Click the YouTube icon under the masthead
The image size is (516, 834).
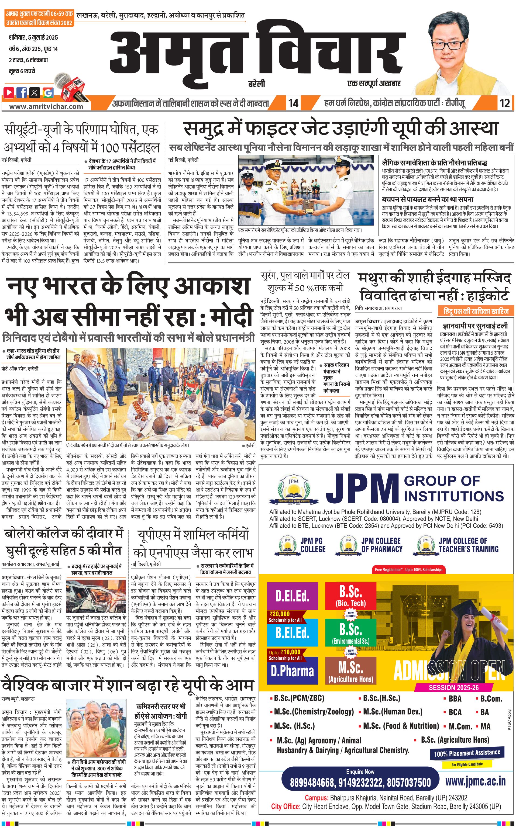click(9, 92)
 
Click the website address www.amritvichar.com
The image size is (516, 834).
click(46, 106)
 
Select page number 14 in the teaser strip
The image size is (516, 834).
click(293, 103)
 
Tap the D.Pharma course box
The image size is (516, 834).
click(292, 671)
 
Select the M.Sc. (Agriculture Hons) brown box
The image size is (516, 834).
click(351, 671)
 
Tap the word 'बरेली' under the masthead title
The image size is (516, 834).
click(256, 84)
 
